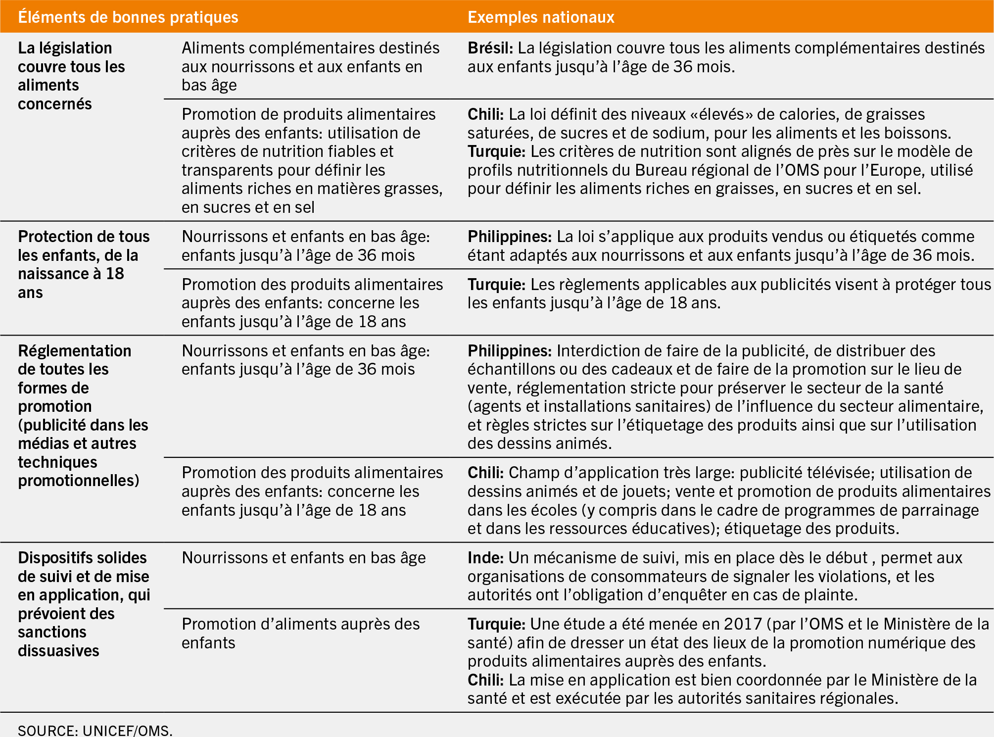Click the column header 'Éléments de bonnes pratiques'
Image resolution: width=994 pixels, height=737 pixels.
[128, 17]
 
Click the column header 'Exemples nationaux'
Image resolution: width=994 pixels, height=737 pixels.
[541, 17]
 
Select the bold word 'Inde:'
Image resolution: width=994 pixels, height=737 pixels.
[485, 558]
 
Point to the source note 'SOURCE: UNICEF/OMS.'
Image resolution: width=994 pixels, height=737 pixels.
[95, 730]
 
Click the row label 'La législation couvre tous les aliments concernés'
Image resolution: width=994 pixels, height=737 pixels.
[71, 76]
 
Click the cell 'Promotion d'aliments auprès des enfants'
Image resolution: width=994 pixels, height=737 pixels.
[300, 633]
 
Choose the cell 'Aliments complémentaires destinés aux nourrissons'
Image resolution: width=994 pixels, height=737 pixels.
[310, 66]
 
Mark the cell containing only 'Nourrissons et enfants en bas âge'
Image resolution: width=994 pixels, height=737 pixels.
[303, 558]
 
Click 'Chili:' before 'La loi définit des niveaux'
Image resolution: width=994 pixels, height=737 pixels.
[485, 114]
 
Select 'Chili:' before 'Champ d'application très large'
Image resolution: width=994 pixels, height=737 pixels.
[485, 473]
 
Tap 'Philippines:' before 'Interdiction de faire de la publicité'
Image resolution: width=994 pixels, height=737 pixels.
[509, 351]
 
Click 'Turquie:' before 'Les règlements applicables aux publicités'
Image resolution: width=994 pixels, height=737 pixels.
[496, 285]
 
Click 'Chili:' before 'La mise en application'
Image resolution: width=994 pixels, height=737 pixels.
[485, 680]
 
